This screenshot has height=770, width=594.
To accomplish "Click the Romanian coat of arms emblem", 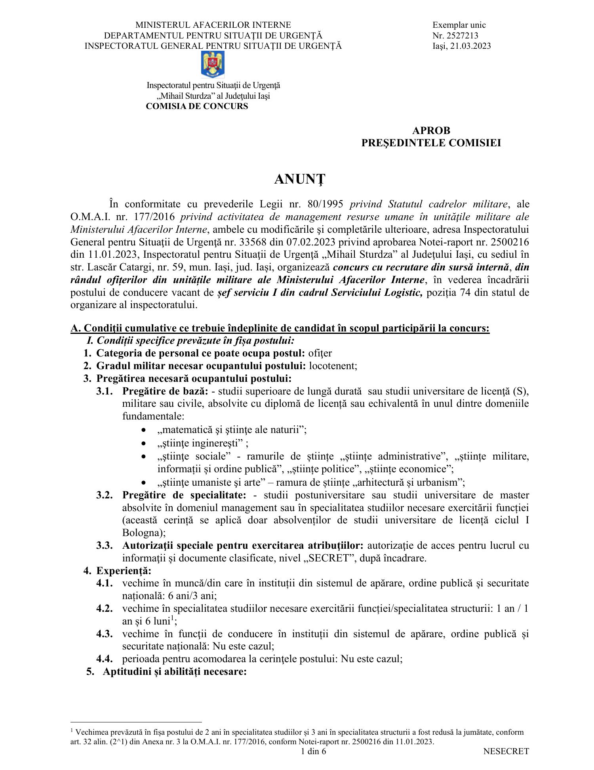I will point(213,65).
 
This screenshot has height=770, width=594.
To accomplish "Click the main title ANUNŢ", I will point(299,180).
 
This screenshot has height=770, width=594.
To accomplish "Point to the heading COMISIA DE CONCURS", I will point(197,106).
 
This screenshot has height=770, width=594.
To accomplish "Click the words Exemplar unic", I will point(459,25).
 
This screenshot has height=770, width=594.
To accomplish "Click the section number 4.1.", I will point(105,583).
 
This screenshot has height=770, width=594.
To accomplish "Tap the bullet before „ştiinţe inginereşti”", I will point(145,443).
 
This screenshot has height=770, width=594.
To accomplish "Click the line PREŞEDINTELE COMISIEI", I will point(431,143).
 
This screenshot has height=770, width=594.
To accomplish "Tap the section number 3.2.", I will point(105,495).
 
